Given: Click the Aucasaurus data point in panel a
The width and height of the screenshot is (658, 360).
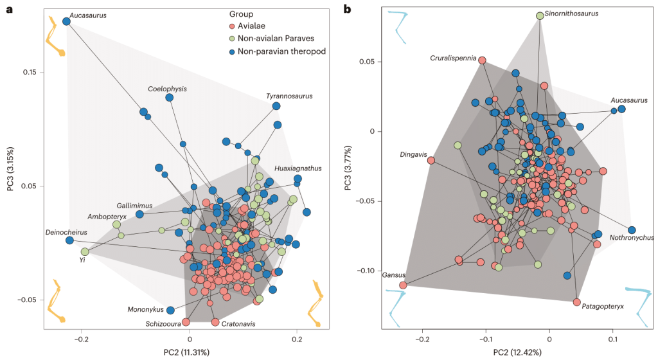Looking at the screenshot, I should tap(66, 21).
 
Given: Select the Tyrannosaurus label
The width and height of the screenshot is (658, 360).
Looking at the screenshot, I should tap(290, 96).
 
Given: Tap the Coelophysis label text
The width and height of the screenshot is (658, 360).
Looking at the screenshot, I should tap(167, 89).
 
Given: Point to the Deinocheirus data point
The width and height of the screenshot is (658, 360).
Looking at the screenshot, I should tap(69, 240).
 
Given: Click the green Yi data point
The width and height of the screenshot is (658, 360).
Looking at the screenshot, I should tap(85, 251).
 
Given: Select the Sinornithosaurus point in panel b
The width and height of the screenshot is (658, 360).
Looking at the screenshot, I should tap(540, 15).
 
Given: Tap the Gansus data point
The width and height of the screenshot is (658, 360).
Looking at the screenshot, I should tap(403, 285).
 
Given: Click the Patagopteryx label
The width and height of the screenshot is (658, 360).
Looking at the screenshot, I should tap(602, 307).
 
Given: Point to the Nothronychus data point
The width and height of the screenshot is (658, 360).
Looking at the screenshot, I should tap(632, 230).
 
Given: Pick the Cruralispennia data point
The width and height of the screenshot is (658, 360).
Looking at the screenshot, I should tap(482, 60).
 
